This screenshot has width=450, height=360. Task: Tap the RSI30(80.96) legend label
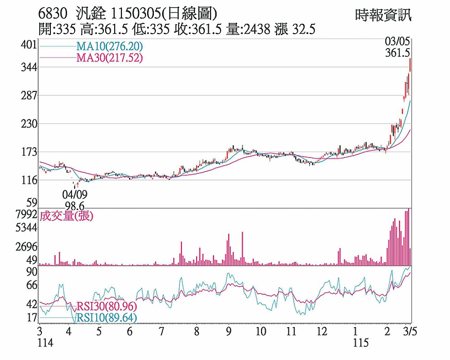click(106, 307)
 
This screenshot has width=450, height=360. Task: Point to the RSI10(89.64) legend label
click(106, 318)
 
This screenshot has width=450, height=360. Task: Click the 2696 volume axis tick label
click(26, 247)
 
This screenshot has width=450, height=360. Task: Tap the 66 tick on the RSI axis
click(31, 285)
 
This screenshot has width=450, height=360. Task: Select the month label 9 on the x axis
click(229, 332)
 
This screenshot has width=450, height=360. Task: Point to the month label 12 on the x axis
click(322, 332)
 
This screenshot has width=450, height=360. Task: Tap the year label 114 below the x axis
click(45, 343)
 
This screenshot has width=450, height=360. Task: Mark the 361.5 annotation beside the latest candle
click(397, 53)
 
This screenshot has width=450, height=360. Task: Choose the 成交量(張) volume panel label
click(67, 216)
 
